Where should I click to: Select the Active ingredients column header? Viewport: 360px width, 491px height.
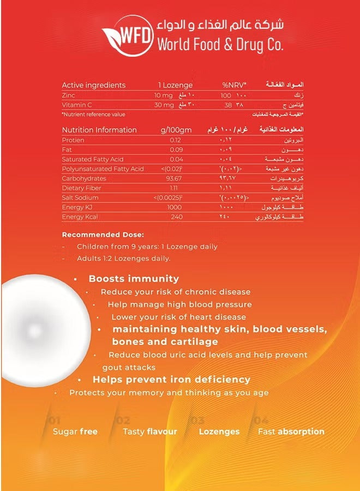click(x=94, y=85)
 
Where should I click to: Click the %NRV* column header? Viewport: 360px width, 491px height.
click(x=234, y=85)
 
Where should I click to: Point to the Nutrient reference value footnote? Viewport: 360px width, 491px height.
click(x=94, y=115)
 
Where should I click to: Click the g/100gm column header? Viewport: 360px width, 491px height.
click(x=176, y=130)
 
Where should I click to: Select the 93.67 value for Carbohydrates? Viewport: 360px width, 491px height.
click(x=175, y=178)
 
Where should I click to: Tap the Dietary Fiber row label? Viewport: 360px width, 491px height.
click(x=82, y=188)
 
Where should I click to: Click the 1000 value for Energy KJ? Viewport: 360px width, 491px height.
click(x=175, y=207)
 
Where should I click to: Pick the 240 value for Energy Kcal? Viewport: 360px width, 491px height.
click(x=175, y=217)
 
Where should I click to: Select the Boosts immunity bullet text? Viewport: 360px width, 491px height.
click(x=134, y=279)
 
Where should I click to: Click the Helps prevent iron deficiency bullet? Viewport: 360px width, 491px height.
click(x=171, y=379)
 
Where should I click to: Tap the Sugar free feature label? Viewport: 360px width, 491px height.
click(x=75, y=432)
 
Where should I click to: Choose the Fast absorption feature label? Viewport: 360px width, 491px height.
click(x=291, y=432)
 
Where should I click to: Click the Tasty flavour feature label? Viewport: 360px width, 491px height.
click(x=150, y=432)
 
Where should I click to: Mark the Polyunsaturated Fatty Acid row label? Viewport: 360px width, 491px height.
click(x=103, y=169)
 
